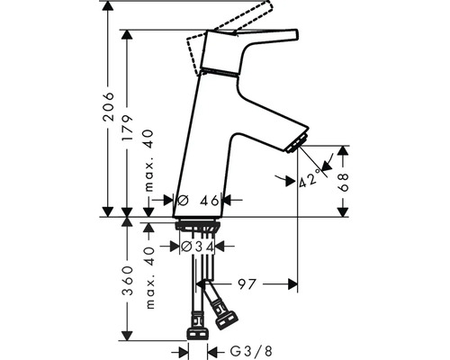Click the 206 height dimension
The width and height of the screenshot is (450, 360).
(x=108, y=106)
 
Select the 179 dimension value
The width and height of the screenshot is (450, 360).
(x=127, y=128)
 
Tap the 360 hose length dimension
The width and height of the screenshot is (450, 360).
(x=128, y=280)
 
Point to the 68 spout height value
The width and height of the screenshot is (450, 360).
(x=343, y=182)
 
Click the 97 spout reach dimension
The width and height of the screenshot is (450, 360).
(x=247, y=283)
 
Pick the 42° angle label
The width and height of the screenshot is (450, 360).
(x=310, y=179)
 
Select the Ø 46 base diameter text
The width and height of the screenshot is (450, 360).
(x=198, y=200)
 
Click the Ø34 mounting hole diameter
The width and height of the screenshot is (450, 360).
(x=198, y=247)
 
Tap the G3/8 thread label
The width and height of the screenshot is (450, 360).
(x=251, y=351)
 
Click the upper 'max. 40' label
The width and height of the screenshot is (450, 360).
(x=148, y=160)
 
